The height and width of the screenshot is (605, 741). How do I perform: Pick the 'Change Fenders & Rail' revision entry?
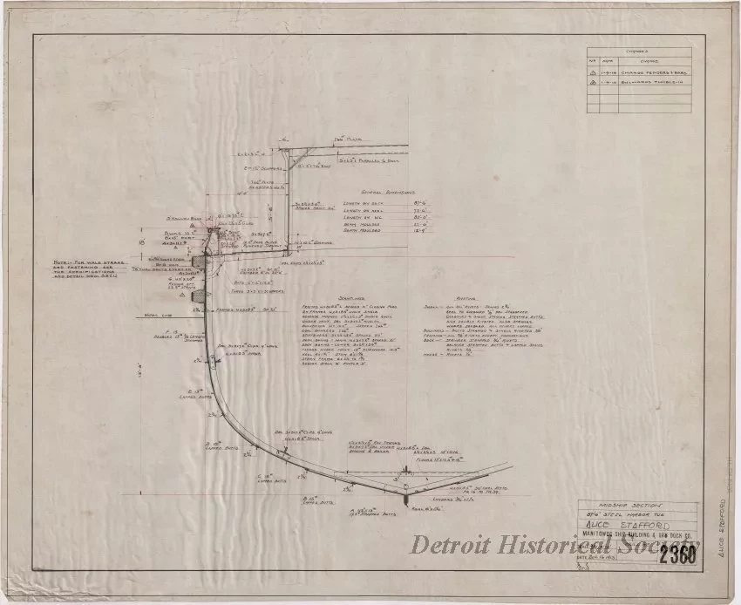coord(656,73)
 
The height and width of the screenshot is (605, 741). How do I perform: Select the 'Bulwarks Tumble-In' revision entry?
coord(656,85)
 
